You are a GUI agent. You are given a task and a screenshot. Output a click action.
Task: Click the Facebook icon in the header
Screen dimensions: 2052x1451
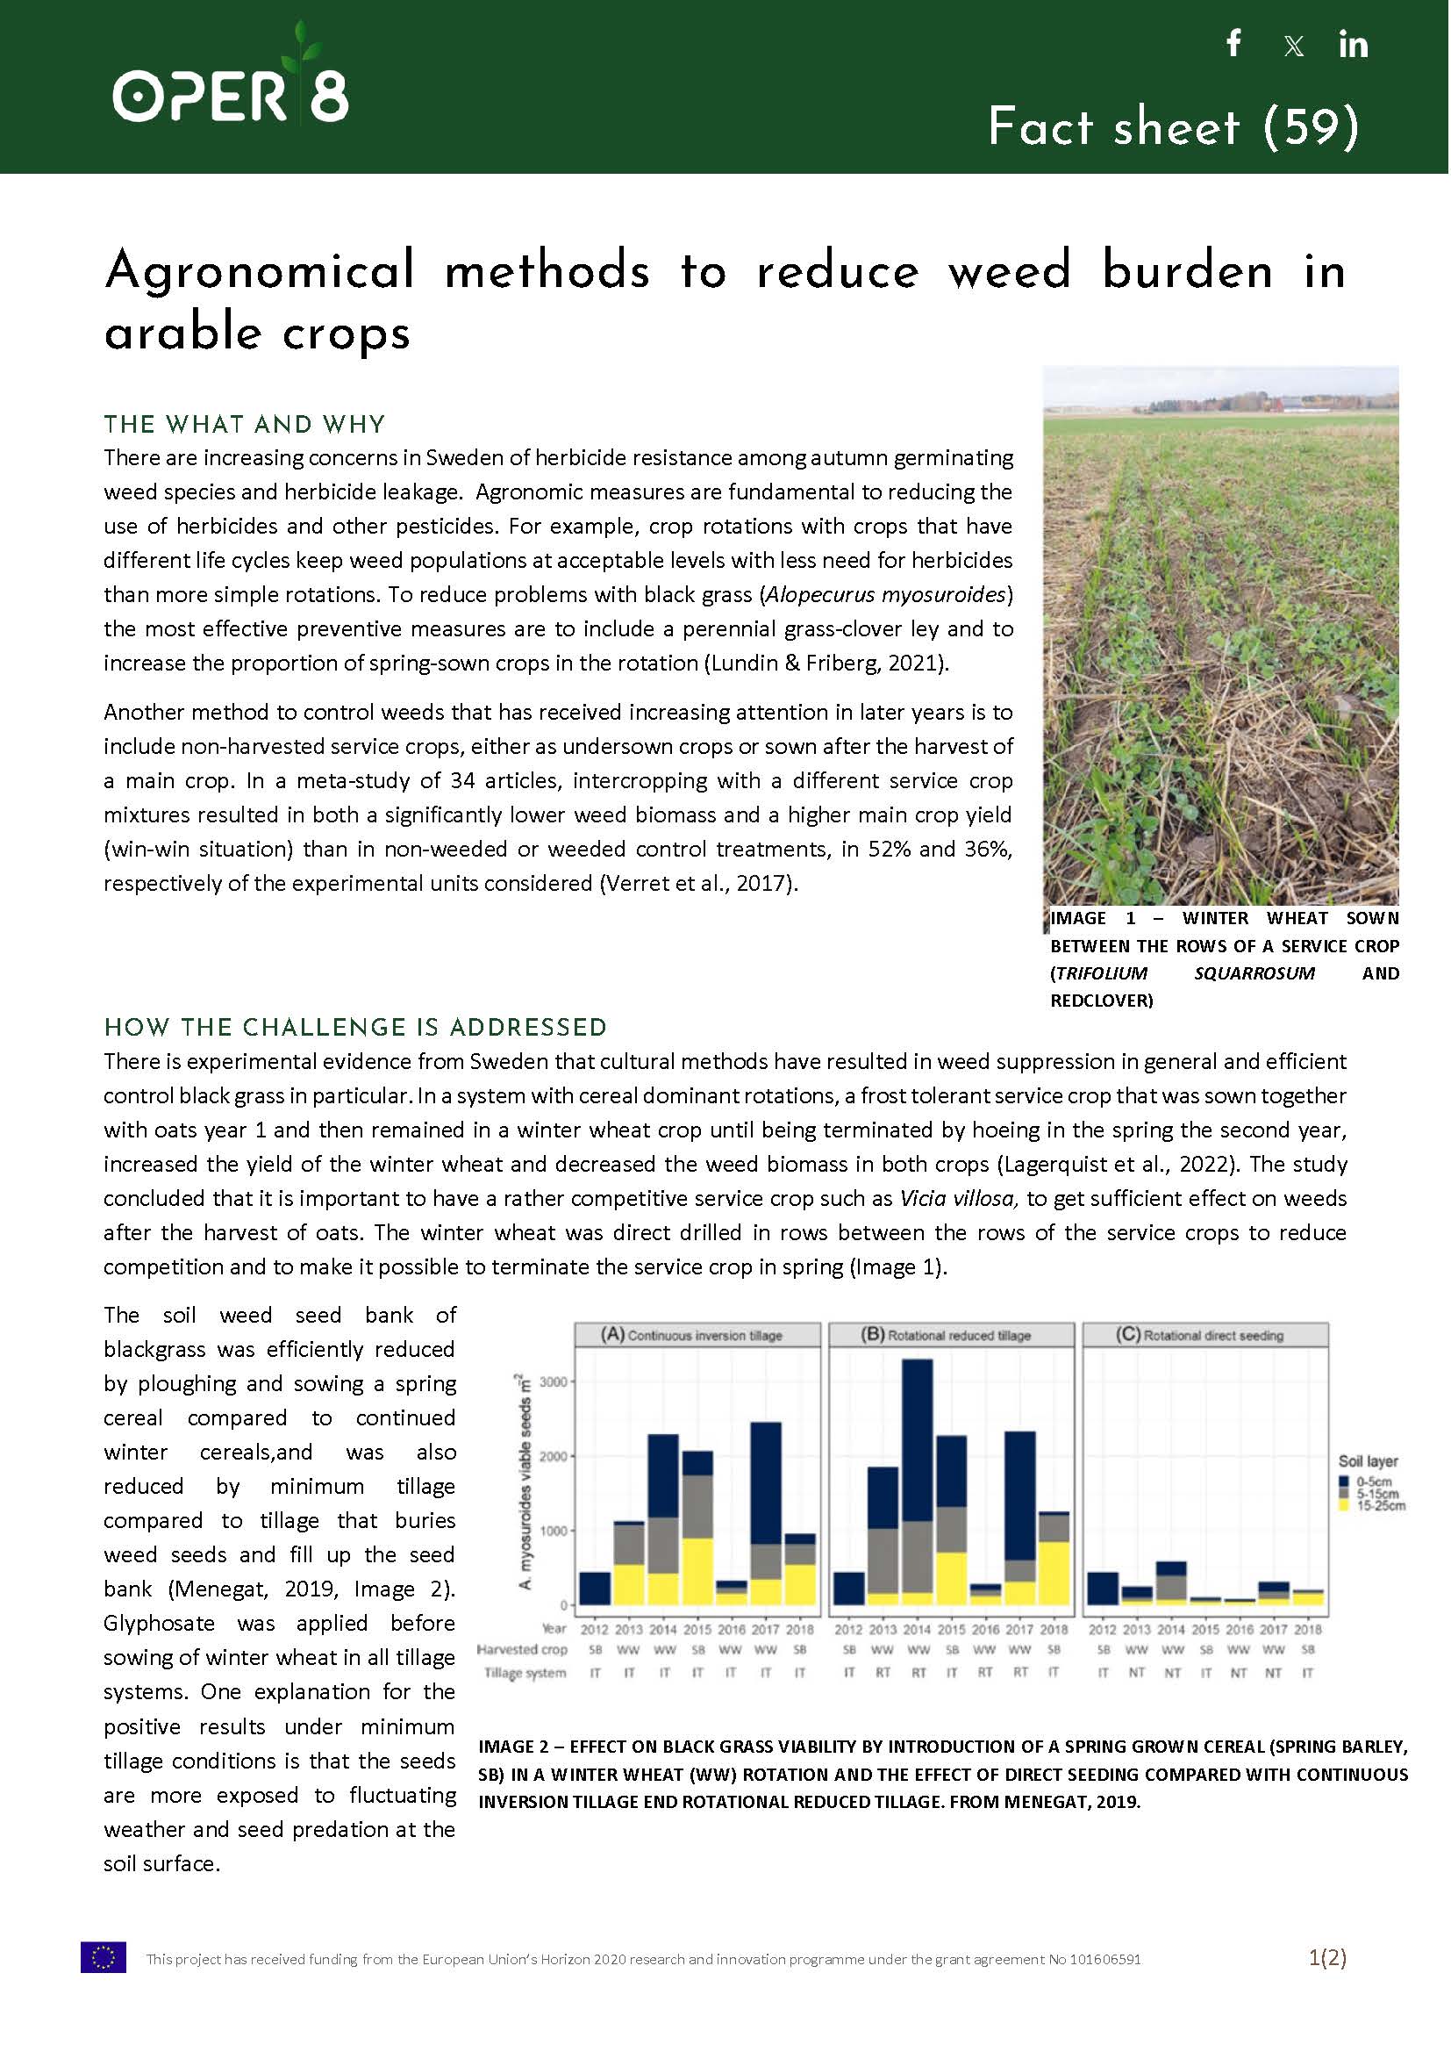1234,43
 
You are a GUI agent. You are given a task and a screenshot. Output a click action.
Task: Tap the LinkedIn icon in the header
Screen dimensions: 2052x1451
1353,44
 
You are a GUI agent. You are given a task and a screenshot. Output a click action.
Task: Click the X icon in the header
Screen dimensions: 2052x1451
1293,46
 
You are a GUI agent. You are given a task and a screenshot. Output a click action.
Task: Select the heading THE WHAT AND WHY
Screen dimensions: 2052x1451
244,424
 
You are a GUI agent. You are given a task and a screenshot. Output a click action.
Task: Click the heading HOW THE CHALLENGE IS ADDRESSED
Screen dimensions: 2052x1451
355,1027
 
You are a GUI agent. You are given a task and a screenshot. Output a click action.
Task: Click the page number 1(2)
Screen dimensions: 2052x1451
1326,1957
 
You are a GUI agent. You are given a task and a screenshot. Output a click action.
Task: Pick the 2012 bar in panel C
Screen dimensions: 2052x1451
1103,1589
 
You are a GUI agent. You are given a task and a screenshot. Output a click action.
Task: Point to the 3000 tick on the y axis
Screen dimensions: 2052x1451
553,1381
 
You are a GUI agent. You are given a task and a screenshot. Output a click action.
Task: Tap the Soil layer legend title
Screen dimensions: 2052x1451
1367,1461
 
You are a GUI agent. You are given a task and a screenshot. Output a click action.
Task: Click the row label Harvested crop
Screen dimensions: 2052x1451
522,1649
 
